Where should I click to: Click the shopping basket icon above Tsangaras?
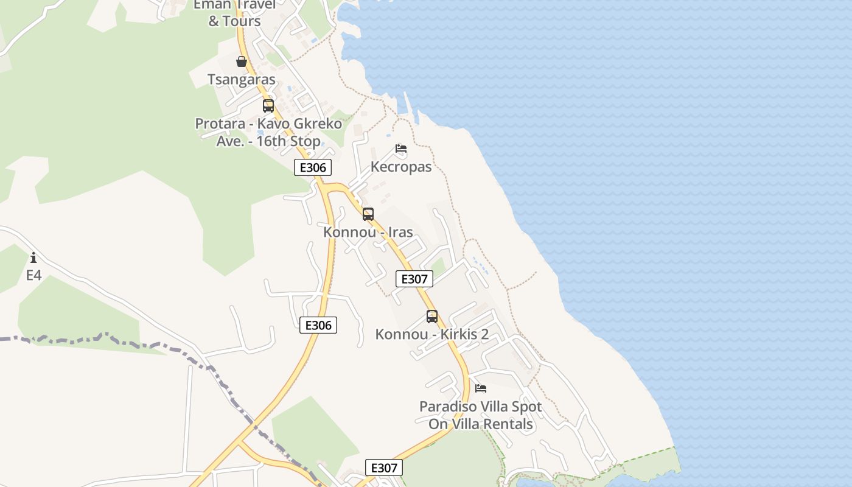coord(242,61)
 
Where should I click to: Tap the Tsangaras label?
coord(242,79)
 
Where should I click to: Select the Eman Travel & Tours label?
coord(234,13)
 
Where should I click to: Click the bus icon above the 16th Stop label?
coord(268,106)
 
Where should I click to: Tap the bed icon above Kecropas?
coord(401,149)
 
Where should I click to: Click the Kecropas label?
coord(401,167)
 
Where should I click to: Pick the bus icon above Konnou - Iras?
coord(368,214)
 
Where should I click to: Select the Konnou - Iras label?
coord(368,232)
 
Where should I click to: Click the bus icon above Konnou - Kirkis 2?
coord(432,317)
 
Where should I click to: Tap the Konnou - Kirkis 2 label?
coord(432,334)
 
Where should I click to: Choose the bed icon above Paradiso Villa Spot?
coord(481,388)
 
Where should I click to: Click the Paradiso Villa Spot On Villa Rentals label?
coord(481,415)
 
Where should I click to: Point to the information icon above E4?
coord(33,258)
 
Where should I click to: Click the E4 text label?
coord(33,275)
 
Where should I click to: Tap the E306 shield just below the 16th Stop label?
coord(313,167)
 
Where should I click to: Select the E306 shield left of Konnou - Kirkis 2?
coord(318,325)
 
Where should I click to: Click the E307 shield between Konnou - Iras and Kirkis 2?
coord(414,279)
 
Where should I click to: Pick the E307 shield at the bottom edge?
coord(384,468)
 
